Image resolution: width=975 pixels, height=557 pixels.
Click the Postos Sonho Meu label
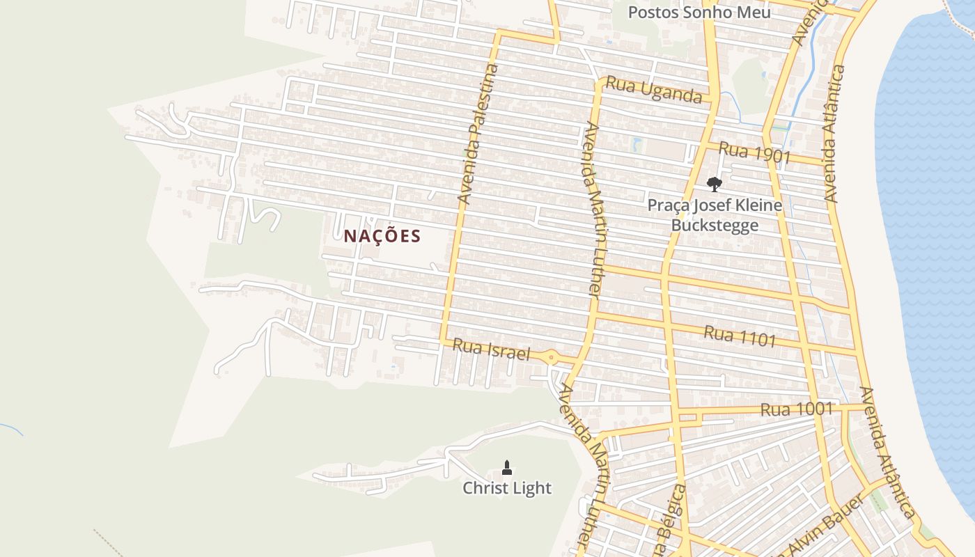pyautogui.click(x=699, y=13)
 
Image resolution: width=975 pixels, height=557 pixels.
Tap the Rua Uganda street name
pyautogui.click(x=653, y=89)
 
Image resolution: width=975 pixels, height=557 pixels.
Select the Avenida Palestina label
pyautogui.click(x=479, y=134)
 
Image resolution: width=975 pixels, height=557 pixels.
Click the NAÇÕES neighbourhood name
pyautogui.click(x=382, y=236)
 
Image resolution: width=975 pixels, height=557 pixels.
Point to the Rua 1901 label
pyautogui.click(x=754, y=152)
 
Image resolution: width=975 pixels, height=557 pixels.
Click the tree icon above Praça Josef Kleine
pyautogui.click(x=714, y=185)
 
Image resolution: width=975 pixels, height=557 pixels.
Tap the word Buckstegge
pyautogui.click(x=715, y=225)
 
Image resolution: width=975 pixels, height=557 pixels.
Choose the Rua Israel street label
pyautogui.click(x=491, y=350)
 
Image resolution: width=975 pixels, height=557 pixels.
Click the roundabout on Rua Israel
pyautogui.click(x=552, y=359)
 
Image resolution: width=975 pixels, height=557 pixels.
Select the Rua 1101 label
pyautogui.click(x=740, y=336)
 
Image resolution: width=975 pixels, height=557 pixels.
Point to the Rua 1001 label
pyautogui.click(x=797, y=409)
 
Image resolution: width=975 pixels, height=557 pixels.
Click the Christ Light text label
pyautogui.click(x=507, y=488)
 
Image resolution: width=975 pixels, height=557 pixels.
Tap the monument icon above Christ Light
pyautogui.click(x=507, y=467)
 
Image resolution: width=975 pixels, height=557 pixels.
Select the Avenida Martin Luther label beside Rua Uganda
pyautogui.click(x=591, y=209)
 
